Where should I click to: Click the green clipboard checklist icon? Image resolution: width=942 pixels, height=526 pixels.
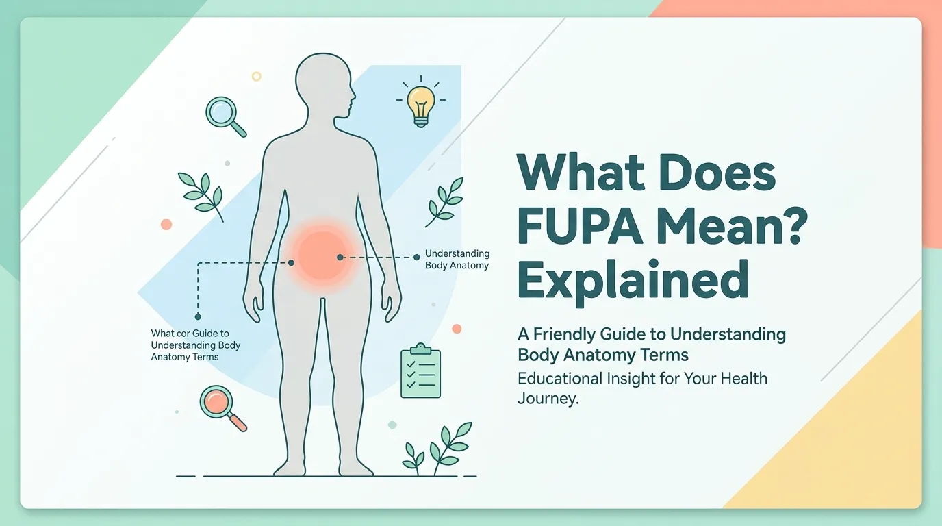pyautogui.click(x=420, y=371)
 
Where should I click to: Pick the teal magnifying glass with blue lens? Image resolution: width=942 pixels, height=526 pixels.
pyautogui.click(x=225, y=116)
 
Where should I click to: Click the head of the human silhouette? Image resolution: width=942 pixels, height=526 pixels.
pyautogui.click(x=324, y=86)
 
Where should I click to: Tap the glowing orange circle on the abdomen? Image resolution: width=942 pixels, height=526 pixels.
pyautogui.click(x=322, y=255)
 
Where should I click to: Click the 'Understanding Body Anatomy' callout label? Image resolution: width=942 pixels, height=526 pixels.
pyautogui.click(x=457, y=259)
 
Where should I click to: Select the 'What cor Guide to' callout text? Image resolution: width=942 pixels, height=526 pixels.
pyautogui.click(x=190, y=334)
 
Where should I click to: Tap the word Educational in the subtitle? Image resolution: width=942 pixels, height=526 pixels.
pyautogui.click(x=560, y=378)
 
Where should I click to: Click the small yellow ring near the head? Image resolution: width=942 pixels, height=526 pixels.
pyautogui.click(x=257, y=76)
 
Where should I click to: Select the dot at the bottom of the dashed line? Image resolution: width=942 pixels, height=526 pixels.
pyautogui.click(x=198, y=316)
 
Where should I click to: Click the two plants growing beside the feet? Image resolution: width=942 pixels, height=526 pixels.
pyautogui.click(x=437, y=449)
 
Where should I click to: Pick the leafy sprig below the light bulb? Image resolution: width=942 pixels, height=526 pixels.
pyautogui.click(x=445, y=202)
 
